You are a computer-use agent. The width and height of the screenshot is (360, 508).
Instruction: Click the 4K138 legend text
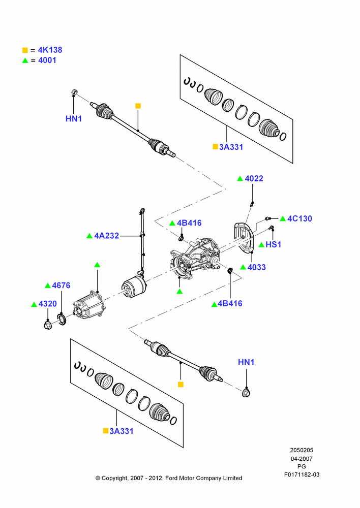coord(50,50)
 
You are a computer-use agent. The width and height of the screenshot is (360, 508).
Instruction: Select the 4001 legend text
coord(47,60)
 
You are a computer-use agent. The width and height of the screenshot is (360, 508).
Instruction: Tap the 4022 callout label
coord(254,178)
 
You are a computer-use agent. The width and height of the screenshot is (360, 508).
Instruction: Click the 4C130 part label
coord(299,218)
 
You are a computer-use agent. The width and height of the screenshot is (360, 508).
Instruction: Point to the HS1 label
coord(274,245)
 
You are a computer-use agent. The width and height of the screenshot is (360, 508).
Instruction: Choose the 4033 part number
coord(257,267)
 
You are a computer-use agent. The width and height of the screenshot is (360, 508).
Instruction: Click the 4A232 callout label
coord(106,236)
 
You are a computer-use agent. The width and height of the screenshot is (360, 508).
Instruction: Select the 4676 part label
coord(61,285)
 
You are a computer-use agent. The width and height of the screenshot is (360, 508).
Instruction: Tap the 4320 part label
coord(47,304)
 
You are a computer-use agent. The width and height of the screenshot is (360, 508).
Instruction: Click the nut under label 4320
coord(48,325)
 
